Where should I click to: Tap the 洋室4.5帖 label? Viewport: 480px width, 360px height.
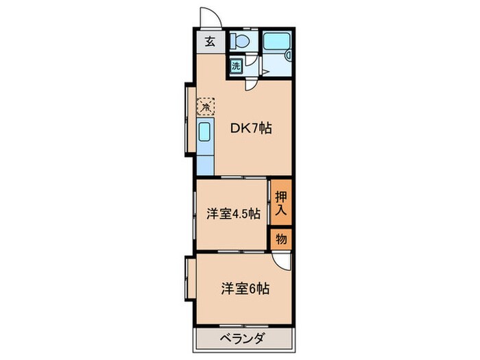232,213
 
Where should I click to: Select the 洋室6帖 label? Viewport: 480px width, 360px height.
245,289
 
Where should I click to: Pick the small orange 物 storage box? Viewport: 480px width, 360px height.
281,239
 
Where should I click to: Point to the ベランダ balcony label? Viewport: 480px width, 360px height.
241,338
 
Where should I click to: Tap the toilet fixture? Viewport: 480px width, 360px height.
240,41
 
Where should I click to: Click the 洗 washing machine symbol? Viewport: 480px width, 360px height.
236,67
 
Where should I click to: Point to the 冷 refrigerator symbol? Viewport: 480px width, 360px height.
206,106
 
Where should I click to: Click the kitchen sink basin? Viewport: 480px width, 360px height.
204,132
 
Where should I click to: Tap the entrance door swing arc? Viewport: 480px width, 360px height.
207,16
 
